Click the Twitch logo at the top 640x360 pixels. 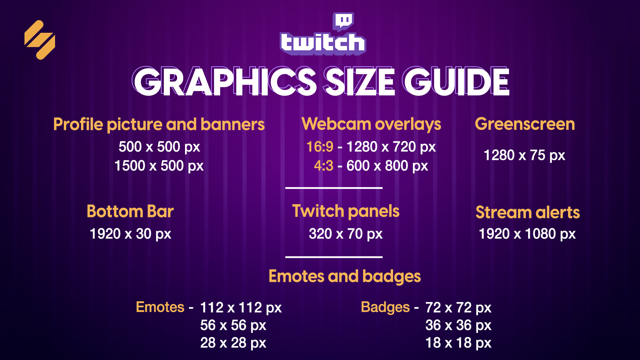[323, 34]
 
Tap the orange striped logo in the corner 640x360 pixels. [40, 40]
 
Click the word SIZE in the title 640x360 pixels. [360, 82]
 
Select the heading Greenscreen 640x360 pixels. [525, 124]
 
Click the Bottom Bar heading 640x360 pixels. [130, 211]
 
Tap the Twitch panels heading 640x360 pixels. [346, 211]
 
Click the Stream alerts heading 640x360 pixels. [528, 212]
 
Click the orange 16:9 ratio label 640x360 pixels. [320, 147]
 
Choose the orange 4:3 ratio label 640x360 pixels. [324, 166]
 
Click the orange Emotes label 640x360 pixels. [160, 307]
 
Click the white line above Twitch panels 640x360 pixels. [334, 188]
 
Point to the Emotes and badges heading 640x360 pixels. [345, 277]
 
